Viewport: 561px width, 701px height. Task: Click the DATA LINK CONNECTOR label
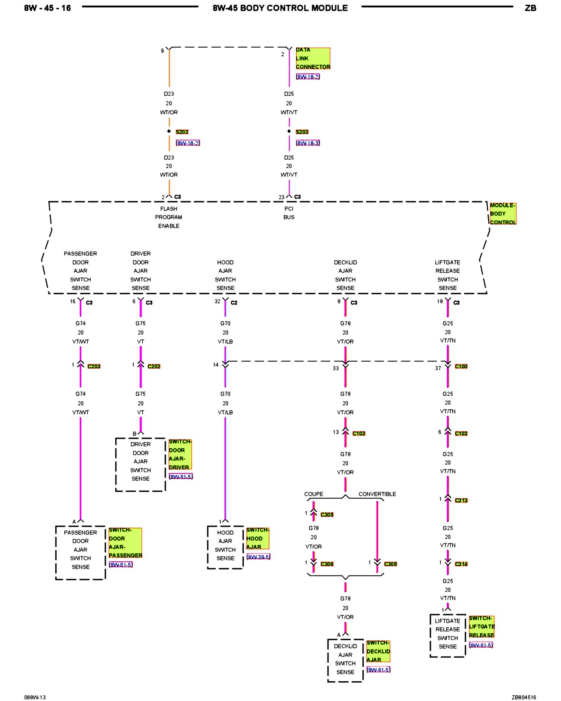pyautogui.click(x=312, y=58)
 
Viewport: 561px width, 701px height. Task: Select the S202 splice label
pyautogui.click(x=182, y=132)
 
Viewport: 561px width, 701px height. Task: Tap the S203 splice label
pyautogui.click(x=302, y=132)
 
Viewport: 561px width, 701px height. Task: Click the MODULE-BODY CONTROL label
pyautogui.click(x=503, y=213)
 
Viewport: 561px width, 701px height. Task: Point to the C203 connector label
pyautogui.click(x=94, y=366)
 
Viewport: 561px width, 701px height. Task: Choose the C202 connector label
pyautogui.click(x=154, y=366)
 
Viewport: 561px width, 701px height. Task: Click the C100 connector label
pyautogui.click(x=461, y=366)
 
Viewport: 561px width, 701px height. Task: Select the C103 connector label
pyautogui.click(x=359, y=434)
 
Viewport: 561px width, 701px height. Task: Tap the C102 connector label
pyautogui.click(x=461, y=434)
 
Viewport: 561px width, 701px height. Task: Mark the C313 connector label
pyautogui.click(x=461, y=501)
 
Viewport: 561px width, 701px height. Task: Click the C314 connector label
pyautogui.click(x=461, y=564)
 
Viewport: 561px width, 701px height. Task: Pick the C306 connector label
pyautogui.click(x=327, y=564)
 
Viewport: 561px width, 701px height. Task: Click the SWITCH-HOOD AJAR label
pyautogui.click(x=257, y=538)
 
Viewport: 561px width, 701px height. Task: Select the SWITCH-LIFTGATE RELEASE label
pyautogui.click(x=482, y=627)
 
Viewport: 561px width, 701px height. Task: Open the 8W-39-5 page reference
pyautogui.click(x=258, y=557)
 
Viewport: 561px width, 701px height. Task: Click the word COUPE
pyautogui.click(x=313, y=494)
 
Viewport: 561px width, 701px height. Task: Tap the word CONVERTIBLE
pyautogui.click(x=377, y=494)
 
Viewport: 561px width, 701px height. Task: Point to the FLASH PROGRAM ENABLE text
pyautogui.click(x=169, y=217)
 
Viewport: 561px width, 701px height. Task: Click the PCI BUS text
pyautogui.click(x=289, y=213)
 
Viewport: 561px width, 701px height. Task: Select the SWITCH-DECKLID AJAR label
pyautogui.click(x=378, y=651)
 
